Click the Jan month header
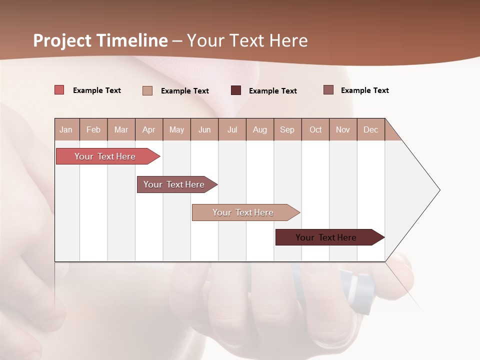66,129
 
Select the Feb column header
93,129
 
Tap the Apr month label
148,129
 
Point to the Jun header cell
204,129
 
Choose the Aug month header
259,129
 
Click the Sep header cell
287,129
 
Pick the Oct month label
315,129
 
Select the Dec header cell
370,129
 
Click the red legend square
59,90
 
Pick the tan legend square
147,90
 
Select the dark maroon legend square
236,90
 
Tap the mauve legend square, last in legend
328,90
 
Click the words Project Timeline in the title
100,40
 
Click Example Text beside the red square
97,90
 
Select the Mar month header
121,129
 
